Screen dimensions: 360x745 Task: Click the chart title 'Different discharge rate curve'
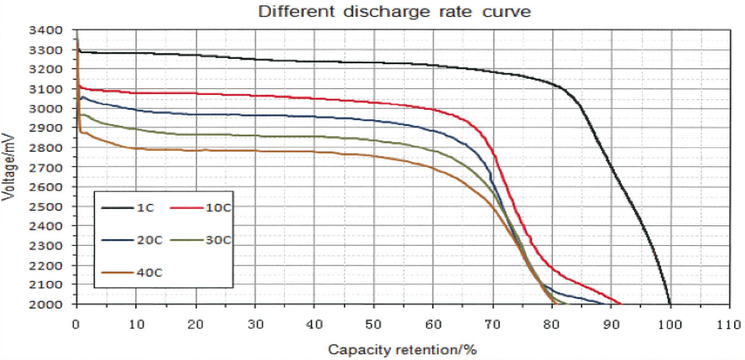point(394,12)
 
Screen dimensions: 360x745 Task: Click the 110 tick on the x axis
point(729,323)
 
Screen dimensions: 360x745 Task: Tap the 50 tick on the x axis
point(373,323)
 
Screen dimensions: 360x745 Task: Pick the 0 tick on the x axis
point(76,323)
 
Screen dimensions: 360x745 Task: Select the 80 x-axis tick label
point(551,323)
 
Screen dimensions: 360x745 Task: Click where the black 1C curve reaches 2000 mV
point(670,303)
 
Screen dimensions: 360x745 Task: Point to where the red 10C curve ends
point(620,303)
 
